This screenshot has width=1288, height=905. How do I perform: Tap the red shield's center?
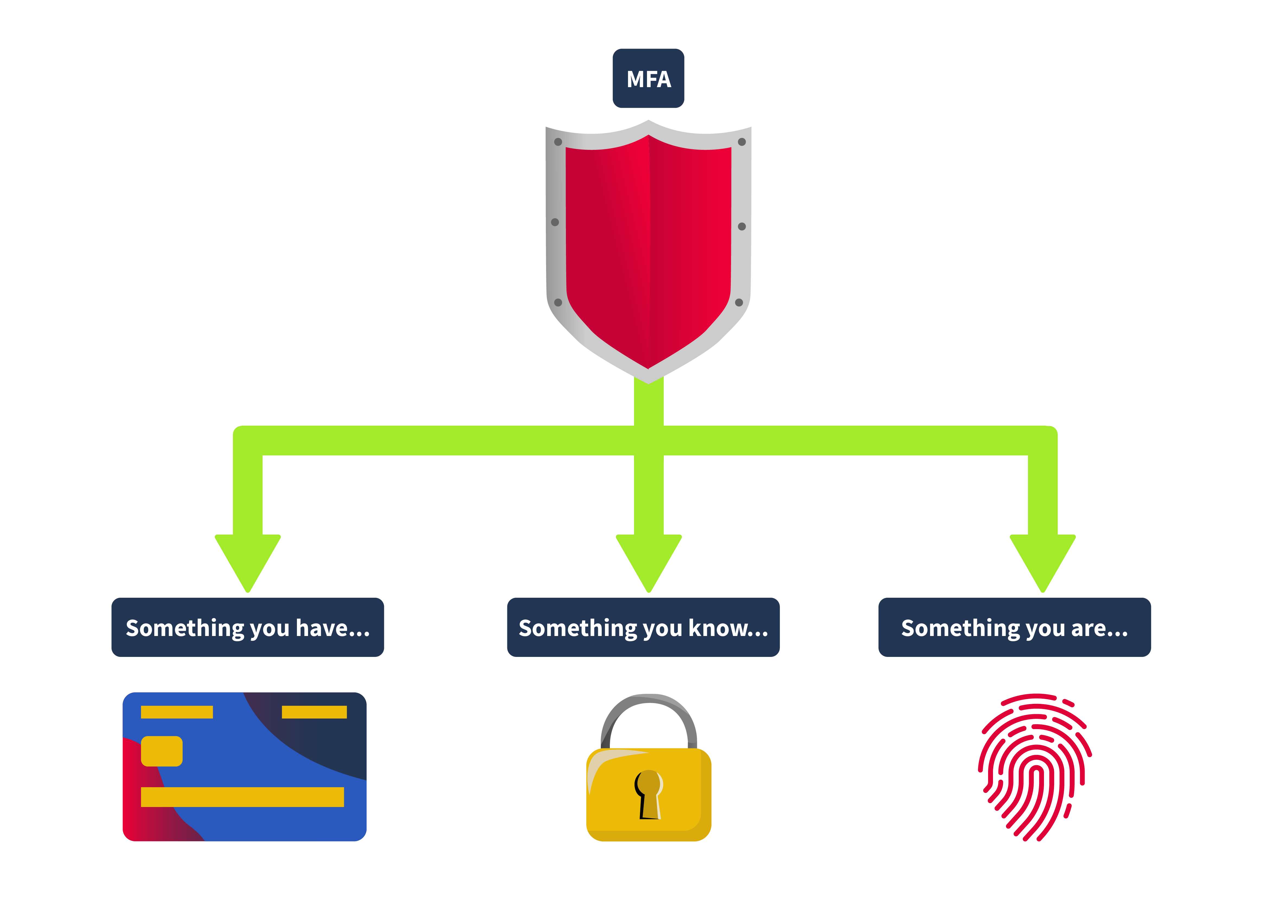click(x=649, y=247)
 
